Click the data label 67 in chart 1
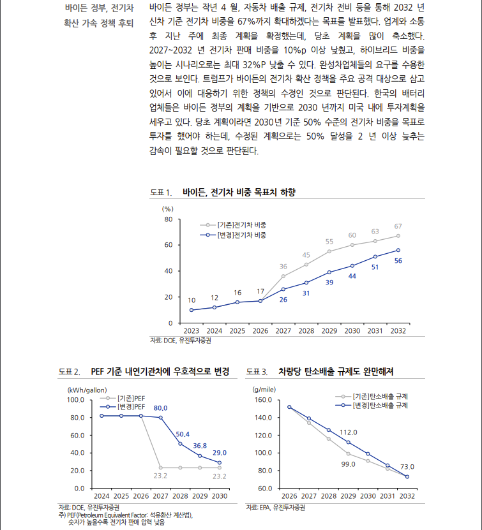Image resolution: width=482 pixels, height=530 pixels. tap(398, 226)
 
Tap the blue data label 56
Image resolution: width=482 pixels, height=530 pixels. tap(398, 261)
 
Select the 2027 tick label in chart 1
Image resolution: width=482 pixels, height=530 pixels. tap(283, 331)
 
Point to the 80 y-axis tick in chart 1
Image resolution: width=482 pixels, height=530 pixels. tap(169, 219)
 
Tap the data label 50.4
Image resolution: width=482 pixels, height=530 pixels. tap(183, 434)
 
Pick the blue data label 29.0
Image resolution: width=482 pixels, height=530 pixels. tap(220, 452)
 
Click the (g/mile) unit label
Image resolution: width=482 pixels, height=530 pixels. tap(264, 389)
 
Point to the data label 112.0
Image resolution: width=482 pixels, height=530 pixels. tap(348, 432)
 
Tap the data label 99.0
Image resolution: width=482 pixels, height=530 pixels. tap(348, 464)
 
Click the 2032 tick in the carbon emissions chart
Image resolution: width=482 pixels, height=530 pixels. tap(407, 496)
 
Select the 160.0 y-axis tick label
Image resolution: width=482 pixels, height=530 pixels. tap(263, 400)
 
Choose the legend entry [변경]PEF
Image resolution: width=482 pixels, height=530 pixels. tap(131, 406)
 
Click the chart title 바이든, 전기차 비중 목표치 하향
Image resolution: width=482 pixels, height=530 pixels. tap(239, 192)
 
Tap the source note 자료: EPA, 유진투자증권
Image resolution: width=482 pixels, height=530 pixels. tap(276, 508)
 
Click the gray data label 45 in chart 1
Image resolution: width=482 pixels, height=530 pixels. tap(306, 254)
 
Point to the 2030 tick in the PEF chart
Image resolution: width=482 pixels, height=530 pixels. tap(220, 496)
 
